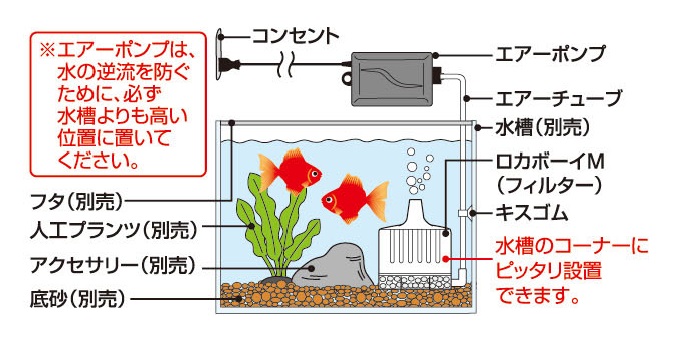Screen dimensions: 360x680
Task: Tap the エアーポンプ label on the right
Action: [x=551, y=53]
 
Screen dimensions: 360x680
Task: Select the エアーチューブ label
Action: [x=558, y=98]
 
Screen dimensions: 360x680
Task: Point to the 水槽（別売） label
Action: [x=543, y=128]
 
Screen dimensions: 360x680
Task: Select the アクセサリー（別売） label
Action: [x=106, y=268]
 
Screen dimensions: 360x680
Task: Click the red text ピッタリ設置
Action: [x=536, y=272]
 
